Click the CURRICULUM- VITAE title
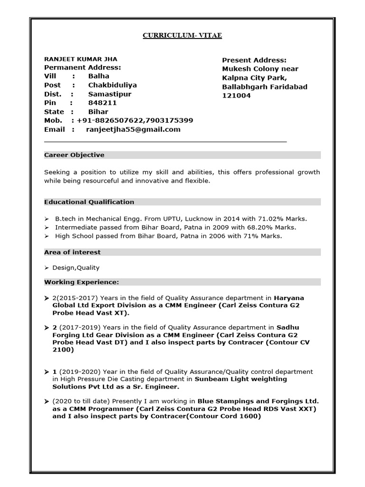point(182,35)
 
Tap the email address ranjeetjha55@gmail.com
point(133,129)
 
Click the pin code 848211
point(102,103)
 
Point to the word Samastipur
point(110,94)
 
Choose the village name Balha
point(98,76)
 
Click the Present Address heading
point(254,60)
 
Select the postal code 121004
point(236,96)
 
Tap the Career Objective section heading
point(74,155)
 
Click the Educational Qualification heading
point(89,202)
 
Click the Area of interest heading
point(72,252)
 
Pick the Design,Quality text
point(76,268)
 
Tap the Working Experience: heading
point(81,282)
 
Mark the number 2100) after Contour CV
point(63,350)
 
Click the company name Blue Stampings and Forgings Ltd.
point(258,401)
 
